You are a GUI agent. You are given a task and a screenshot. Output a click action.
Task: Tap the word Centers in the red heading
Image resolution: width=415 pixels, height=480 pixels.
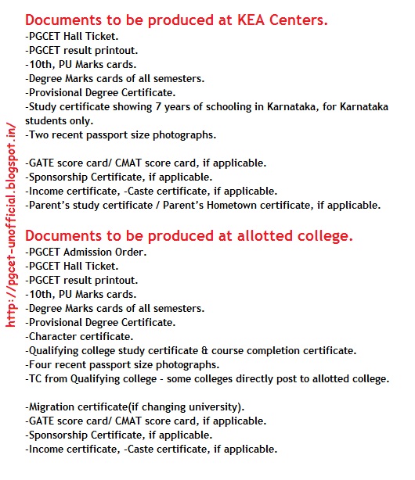302,20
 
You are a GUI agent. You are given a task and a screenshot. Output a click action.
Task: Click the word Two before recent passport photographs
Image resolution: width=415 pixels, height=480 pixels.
40,134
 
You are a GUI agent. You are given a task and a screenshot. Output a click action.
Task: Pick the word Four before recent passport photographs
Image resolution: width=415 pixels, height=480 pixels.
42,364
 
